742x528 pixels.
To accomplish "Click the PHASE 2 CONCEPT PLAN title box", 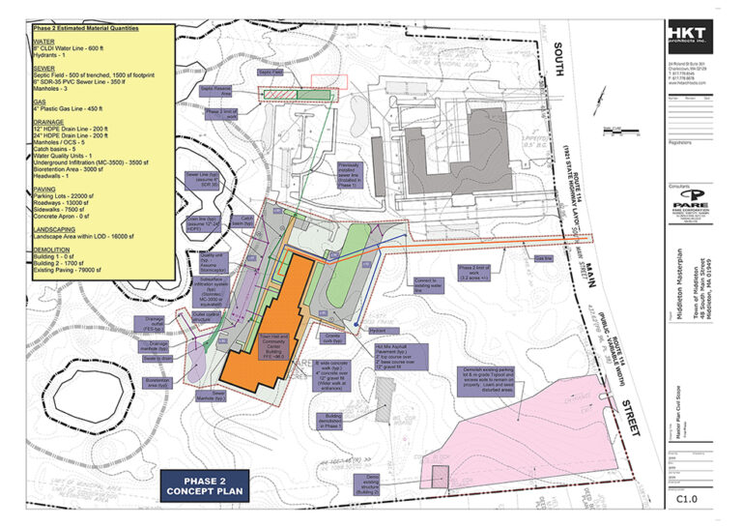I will pos(204,486).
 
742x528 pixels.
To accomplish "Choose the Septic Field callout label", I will pos(270,73).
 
